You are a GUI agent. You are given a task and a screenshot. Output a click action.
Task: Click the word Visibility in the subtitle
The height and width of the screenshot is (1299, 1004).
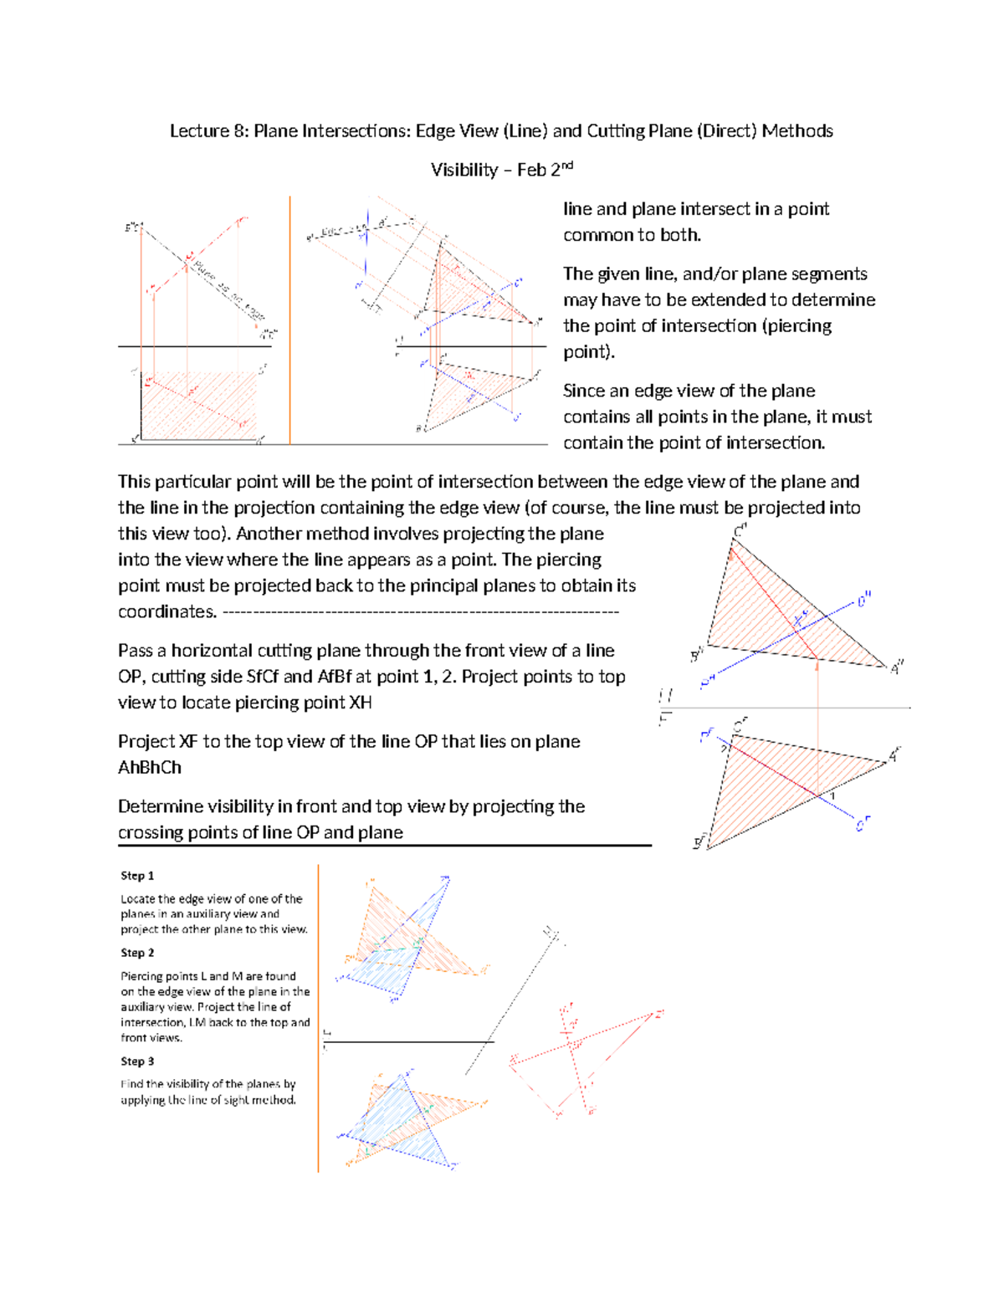click(x=464, y=171)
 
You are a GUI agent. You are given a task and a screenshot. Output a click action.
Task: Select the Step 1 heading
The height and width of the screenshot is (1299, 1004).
click(x=137, y=876)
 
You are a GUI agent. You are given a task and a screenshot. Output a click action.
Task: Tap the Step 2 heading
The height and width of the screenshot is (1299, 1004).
click(x=137, y=953)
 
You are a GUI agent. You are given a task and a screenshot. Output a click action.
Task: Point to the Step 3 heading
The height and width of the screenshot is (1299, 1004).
click(x=137, y=1061)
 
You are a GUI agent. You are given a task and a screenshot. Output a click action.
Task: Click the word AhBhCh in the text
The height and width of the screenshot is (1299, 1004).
click(x=150, y=768)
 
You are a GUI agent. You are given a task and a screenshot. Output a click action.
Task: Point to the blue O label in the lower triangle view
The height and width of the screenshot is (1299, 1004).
click(x=862, y=824)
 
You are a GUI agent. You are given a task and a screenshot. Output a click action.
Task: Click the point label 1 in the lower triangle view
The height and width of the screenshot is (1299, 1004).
click(x=832, y=795)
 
